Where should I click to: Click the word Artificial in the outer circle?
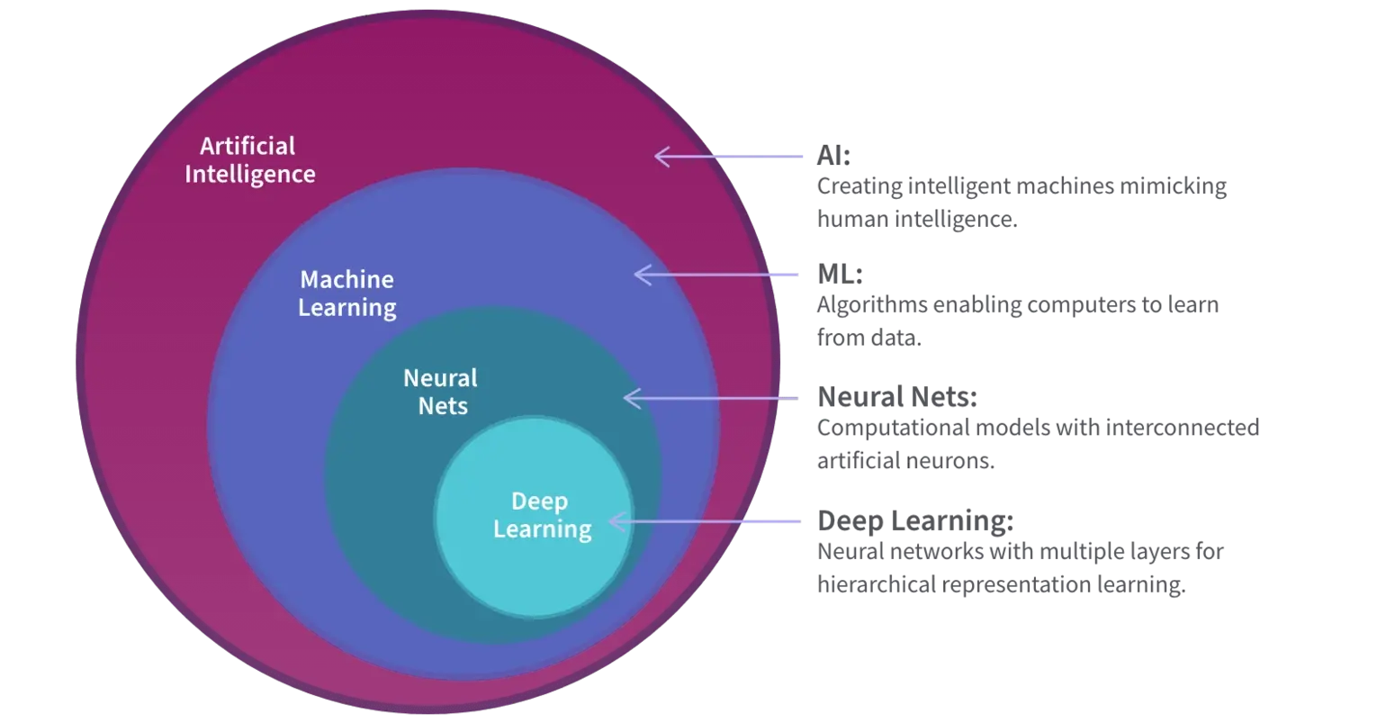[247, 146]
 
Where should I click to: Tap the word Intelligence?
[250, 174]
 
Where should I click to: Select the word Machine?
[346, 279]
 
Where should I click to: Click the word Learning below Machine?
[347, 307]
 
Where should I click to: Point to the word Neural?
[440, 377]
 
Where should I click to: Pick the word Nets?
[443, 405]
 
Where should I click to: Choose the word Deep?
[540, 502]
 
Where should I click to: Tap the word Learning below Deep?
[542, 529]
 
